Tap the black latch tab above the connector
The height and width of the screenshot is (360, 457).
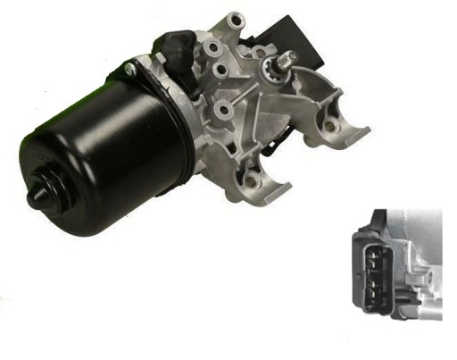tap(378, 214)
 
